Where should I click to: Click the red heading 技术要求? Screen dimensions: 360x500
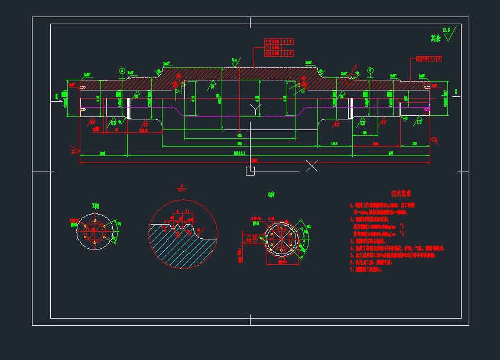[x=401, y=193]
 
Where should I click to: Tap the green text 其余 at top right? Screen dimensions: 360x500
[x=436, y=38]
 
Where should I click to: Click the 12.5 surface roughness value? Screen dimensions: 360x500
[x=446, y=29]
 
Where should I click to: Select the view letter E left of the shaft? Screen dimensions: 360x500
[x=57, y=95]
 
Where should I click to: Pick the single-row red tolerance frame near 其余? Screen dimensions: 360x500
[x=429, y=59]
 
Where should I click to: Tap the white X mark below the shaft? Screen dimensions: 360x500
[x=311, y=166]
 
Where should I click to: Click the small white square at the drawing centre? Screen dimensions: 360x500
[x=250, y=171]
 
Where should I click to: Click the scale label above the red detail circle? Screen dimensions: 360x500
[x=181, y=189]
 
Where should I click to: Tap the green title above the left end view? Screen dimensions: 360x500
[x=95, y=205]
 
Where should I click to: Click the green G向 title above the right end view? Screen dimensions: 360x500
[x=271, y=194]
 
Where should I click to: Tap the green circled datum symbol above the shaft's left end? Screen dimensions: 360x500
[x=122, y=72]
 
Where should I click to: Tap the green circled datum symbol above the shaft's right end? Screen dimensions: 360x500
[x=370, y=71]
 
